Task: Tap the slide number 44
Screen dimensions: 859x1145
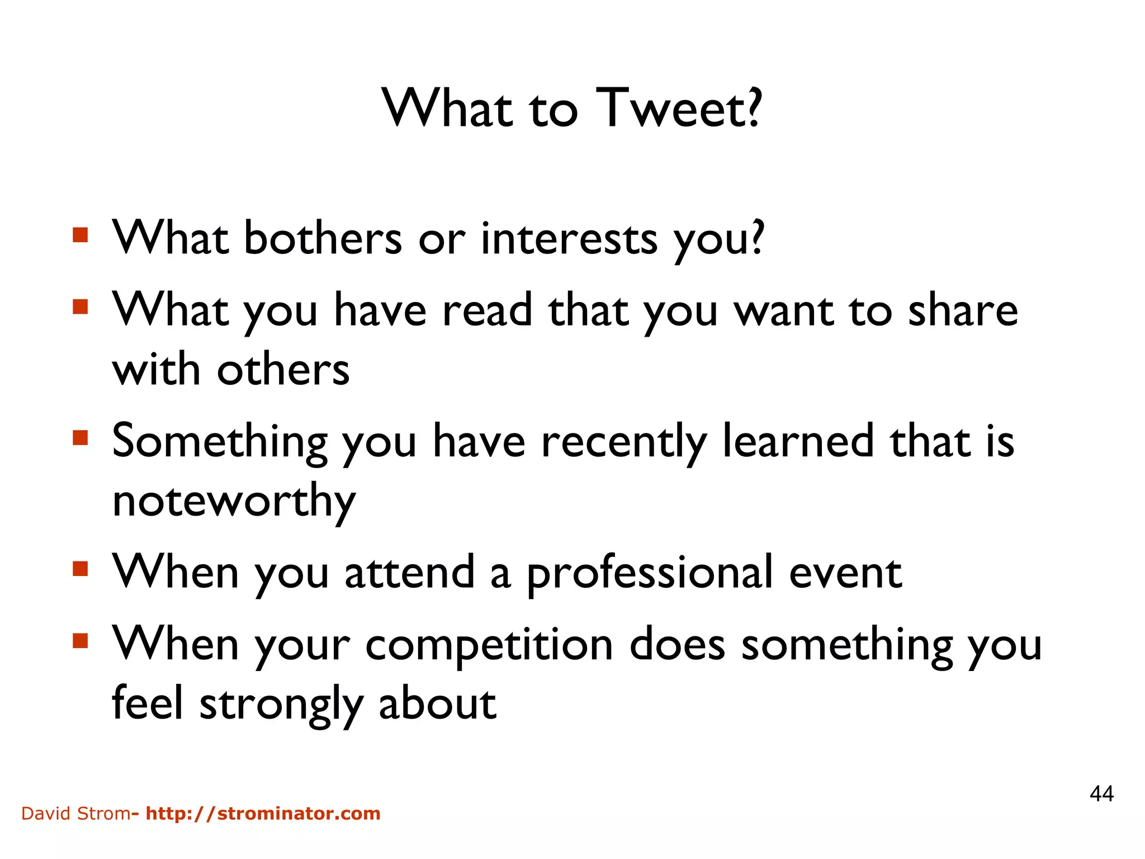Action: pos(1101,794)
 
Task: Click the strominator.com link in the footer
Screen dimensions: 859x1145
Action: pos(263,813)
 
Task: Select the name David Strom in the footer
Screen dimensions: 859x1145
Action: pos(75,813)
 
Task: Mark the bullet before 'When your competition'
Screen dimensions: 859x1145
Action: pos(81,640)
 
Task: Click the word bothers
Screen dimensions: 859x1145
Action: pos(323,238)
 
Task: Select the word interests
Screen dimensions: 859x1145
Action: pos(569,238)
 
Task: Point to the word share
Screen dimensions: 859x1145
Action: pos(962,310)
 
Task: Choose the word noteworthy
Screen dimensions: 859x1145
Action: pos(234,501)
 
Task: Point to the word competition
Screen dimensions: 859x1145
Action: pos(489,645)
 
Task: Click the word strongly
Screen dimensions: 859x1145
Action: pos(281,704)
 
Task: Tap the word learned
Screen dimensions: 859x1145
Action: pos(798,441)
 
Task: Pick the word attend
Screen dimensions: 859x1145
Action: pos(409,573)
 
